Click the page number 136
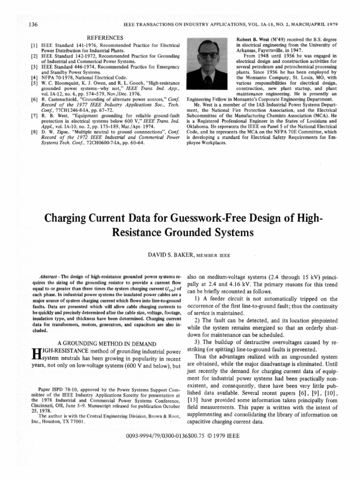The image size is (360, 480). coord(22,23)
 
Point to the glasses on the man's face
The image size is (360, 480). coord(207,55)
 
